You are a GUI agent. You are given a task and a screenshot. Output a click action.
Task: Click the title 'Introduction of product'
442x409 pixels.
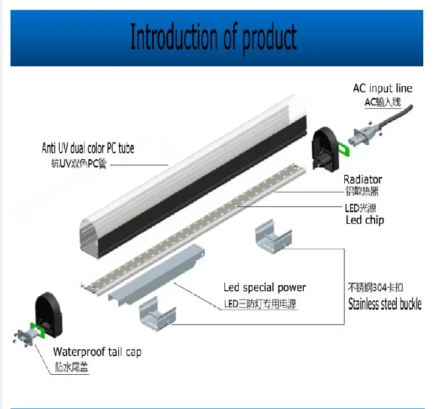(213, 38)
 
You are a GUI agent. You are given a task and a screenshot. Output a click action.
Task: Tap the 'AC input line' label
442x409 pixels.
(382, 88)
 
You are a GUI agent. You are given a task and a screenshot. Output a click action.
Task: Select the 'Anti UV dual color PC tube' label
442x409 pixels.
(88, 148)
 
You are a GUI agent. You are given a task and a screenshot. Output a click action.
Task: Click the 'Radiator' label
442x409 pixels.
(362, 179)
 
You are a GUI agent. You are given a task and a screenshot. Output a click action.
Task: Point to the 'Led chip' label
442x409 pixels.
(364, 220)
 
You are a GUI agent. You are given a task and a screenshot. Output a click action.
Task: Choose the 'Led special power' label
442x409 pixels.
(264, 287)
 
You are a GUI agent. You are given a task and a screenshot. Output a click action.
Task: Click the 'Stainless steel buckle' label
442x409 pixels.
(385, 304)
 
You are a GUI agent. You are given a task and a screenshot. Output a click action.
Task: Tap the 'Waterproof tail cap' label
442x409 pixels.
(97, 352)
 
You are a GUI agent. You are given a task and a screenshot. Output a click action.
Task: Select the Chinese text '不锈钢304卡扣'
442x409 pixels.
(375, 288)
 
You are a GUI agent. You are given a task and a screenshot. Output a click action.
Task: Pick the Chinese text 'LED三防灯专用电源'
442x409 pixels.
(260, 303)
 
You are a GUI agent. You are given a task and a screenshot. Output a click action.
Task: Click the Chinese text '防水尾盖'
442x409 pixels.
(71, 367)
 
